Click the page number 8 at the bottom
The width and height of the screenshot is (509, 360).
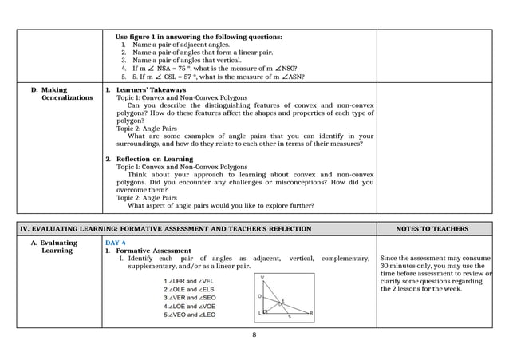tap(254, 334)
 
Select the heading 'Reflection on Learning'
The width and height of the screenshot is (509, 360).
tap(153, 160)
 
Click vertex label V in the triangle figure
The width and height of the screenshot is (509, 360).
tap(263, 276)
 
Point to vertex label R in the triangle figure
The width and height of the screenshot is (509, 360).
tap(311, 313)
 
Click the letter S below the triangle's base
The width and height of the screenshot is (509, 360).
tap(289, 317)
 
